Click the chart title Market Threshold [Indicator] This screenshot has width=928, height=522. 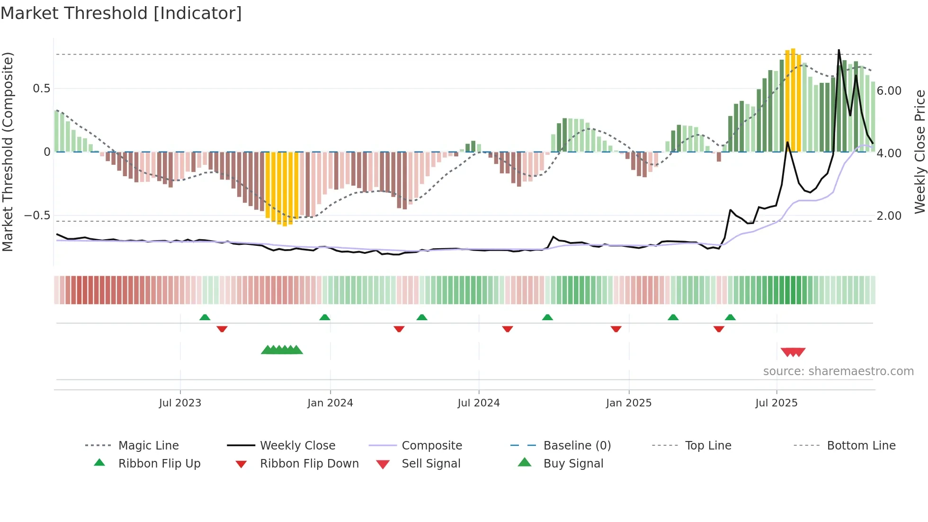(121, 13)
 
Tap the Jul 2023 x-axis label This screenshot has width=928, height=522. (180, 403)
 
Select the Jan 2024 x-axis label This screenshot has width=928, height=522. (330, 403)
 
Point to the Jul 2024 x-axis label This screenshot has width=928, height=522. (479, 403)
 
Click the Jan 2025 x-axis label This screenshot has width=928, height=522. (629, 403)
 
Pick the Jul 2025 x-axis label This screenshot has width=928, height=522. (776, 403)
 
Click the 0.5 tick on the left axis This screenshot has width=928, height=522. (41, 89)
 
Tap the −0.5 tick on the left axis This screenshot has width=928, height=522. (37, 216)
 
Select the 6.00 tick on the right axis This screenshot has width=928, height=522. (889, 91)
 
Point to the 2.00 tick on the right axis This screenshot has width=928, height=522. (889, 216)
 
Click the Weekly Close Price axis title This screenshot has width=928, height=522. (919, 152)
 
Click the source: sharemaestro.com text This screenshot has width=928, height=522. (838, 371)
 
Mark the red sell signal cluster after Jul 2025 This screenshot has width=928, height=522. (793, 352)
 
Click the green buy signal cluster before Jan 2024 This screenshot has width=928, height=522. (282, 350)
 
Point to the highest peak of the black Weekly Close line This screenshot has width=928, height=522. (839, 50)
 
